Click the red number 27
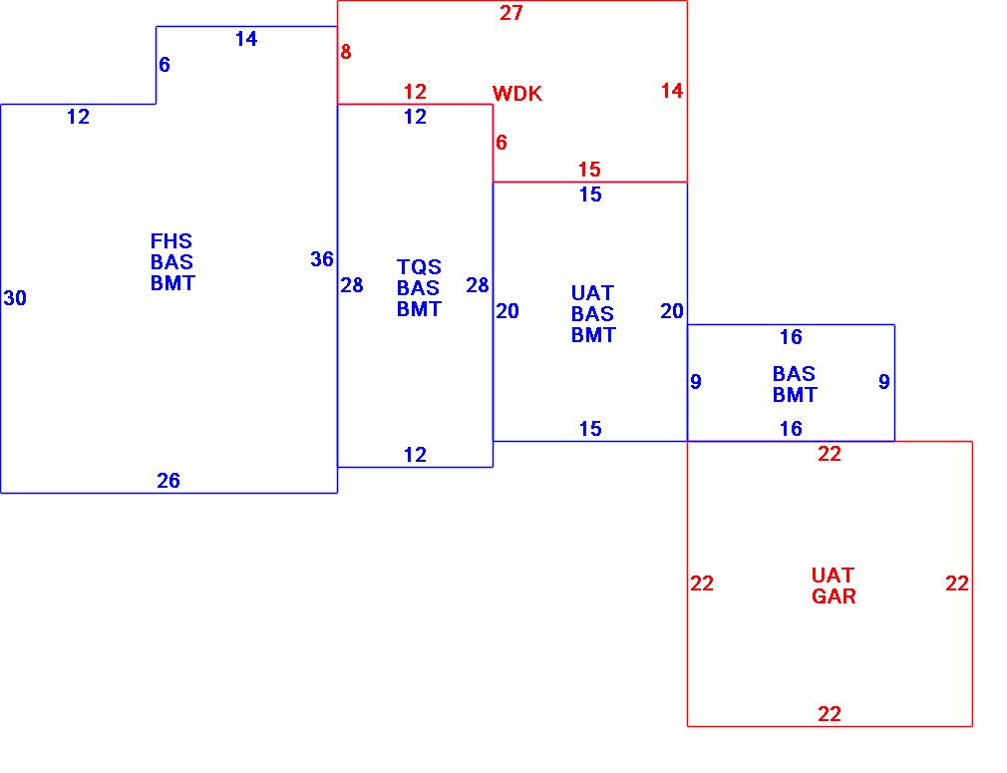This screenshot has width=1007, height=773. click(511, 13)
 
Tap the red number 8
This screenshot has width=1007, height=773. click(346, 52)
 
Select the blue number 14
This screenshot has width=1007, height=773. click(246, 39)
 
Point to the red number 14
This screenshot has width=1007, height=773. click(672, 91)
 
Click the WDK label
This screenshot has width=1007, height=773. click(517, 94)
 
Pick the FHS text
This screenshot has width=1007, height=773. click(171, 241)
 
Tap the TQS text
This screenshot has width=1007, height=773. click(419, 267)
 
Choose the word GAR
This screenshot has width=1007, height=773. click(834, 596)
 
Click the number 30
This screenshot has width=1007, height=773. click(15, 298)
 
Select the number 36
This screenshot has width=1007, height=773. click(321, 259)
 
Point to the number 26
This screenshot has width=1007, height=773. click(168, 481)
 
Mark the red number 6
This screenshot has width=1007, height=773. click(502, 143)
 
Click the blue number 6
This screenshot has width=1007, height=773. click(165, 65)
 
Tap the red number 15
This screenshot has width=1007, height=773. click(589, 170)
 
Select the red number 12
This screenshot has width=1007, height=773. click(415, 92)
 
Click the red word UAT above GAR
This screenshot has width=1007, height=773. click(833, 576)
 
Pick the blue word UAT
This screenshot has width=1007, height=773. click(592, 293)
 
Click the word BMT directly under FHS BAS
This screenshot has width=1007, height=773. click(172, 283)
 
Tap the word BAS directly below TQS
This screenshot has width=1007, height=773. click(418, 288)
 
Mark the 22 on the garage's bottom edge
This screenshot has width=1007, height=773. click(830, 714)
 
